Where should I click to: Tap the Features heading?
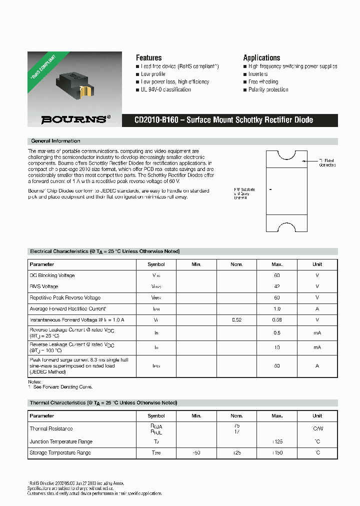[x=148, y=57]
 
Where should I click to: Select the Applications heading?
[x=261, y=57]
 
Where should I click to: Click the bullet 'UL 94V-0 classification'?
[x=165, y=89]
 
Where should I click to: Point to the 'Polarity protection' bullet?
[x=268, y=89]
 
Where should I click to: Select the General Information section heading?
[x=55, y=141]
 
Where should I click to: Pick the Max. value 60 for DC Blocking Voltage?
[x=277, y=275]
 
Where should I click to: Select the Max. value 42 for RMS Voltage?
[x=277, y=286]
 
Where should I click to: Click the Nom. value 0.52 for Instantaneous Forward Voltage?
[x=236, y=319]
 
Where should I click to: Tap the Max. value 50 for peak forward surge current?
[x=277, y=366]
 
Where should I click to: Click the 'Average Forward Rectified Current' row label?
[x=68, y=308]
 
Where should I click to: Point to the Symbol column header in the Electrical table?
[x=156, y=264]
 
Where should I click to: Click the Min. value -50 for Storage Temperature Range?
[x=196, y=452]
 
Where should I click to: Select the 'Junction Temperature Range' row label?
[x=60, y=441]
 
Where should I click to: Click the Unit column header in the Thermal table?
[x=317, y=415]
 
